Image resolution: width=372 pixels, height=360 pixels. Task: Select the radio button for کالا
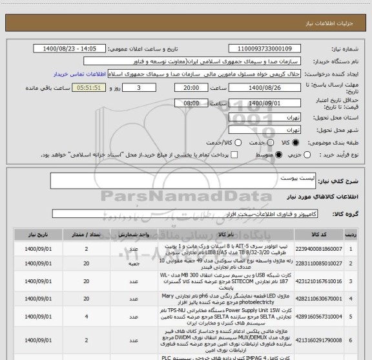point(296,141)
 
